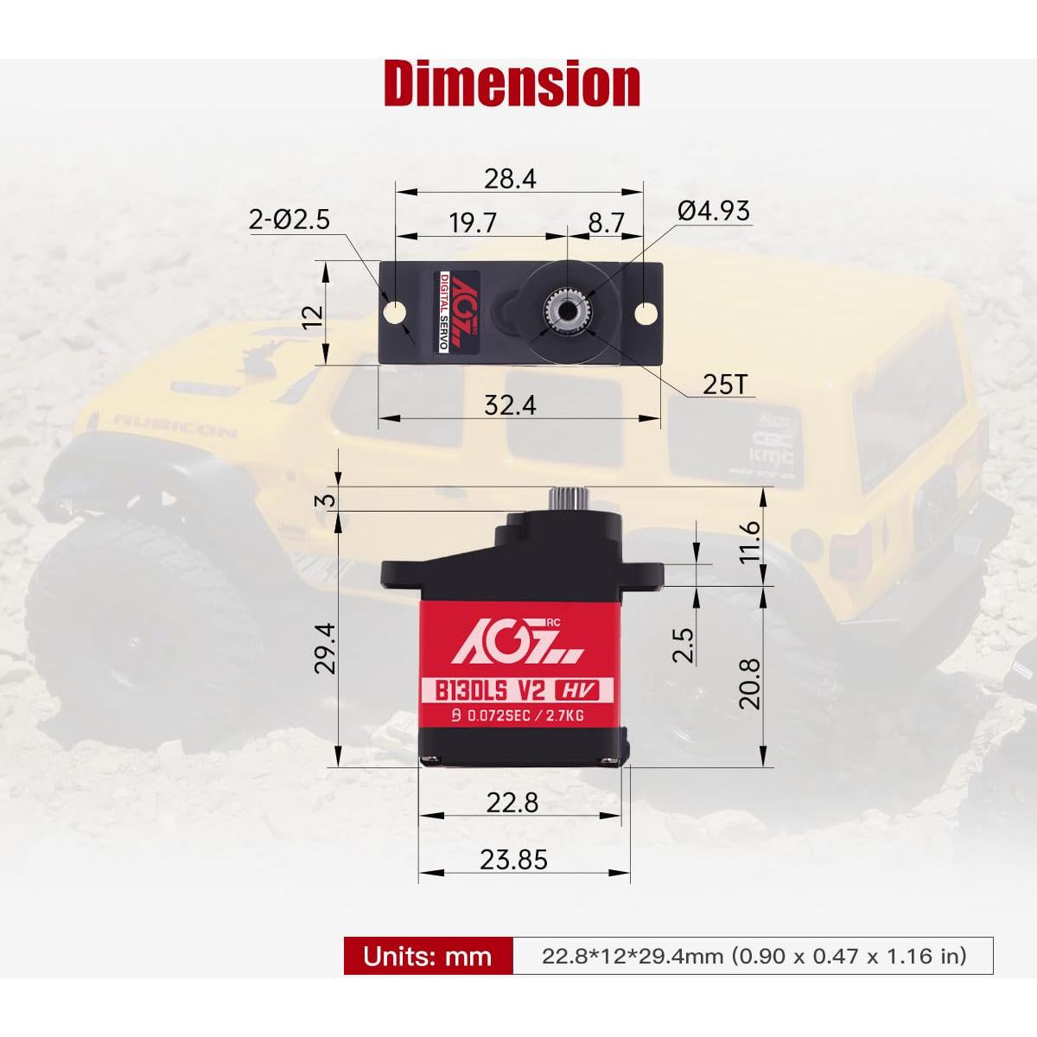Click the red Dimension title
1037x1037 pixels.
tap(512, 84)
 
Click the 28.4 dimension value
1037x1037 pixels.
tap(510, 179)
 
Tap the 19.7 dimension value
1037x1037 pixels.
tap(473, 223)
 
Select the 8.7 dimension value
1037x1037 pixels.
tap(606, 223)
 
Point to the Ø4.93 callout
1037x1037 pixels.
tap(714, 211)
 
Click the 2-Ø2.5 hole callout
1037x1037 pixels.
tap(289, 219)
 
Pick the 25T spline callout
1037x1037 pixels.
tap(724, 384)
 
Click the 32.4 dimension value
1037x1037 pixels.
tap(510, 404)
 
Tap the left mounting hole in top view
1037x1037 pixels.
tap(396, 311)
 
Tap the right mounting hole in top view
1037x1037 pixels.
tap(646, 312)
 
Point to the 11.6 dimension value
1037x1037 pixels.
tap(749, 541)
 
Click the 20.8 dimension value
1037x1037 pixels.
tap(749, 683)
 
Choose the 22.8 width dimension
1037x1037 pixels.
tap(512, 803)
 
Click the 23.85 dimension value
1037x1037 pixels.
tap(514, 860)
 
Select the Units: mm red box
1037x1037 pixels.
tap(428, 956)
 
